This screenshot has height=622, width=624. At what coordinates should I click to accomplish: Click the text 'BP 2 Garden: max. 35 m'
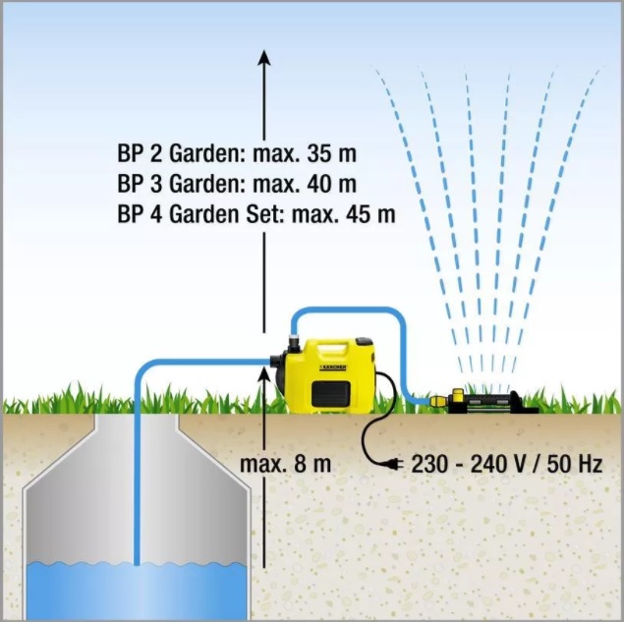click(x=237, y=153)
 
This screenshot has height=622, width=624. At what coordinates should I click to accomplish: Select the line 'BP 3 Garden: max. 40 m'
click(x=237, y=184)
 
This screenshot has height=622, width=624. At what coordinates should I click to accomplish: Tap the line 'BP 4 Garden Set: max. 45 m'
click(x=256, y=214)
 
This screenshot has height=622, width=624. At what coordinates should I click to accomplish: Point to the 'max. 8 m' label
click(x=285, y=464)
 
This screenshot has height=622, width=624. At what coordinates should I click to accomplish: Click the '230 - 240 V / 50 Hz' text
click(x=507, y=464)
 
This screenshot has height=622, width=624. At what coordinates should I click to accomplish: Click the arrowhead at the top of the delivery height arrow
click(x=263, y=58)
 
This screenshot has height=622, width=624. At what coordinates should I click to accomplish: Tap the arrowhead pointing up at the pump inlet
click(x=263, y=375)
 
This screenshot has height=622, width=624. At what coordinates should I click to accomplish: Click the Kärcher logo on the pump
click(x=333, y=367)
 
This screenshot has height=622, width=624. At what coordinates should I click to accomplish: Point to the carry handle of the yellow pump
click(x=331, y=347)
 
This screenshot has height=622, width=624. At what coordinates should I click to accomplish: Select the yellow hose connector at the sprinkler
click(x=437, y=400)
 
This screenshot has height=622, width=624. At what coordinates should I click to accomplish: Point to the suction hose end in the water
click(x=137, y=564)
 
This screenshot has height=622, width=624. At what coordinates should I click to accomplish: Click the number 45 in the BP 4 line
click(x=358, y=214)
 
